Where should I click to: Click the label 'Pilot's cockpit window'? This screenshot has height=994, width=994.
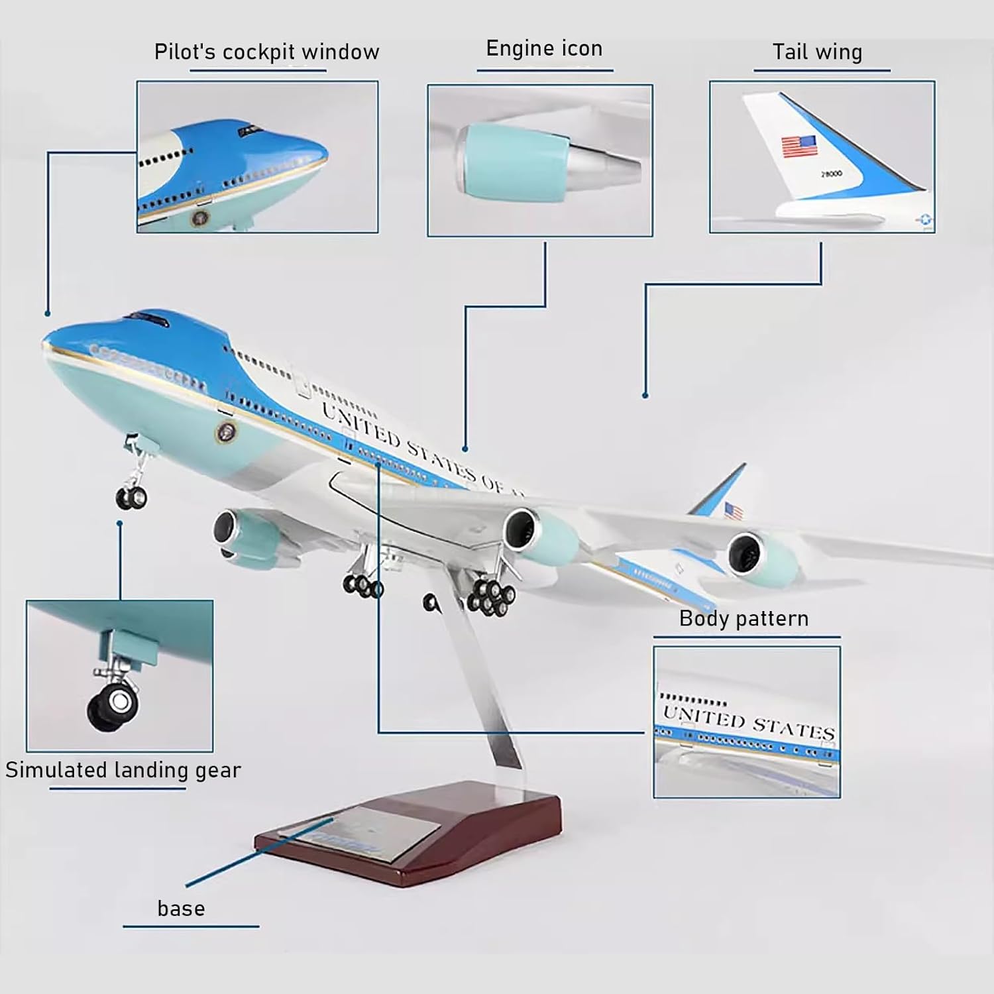tap(266, 52)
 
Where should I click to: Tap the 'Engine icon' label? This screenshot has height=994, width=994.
tap(544, 48)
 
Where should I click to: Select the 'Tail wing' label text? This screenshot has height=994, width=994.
tap(817, 52)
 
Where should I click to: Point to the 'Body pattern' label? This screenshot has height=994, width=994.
tap(744, 618)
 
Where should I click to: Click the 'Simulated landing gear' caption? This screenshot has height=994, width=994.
tap(123, 770)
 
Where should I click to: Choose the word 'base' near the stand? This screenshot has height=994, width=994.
tap(181, 908)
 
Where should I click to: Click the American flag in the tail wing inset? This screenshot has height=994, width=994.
tap(799, 146)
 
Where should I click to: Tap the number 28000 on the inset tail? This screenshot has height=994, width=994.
tap(832, 174)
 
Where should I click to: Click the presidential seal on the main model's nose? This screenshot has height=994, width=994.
tap(226, 433)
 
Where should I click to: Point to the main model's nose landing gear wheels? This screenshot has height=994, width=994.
tap(132, 497)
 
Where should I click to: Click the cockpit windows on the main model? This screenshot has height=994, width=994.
tap(148, 319)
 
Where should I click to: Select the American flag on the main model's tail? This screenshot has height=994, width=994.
tap(733, 511)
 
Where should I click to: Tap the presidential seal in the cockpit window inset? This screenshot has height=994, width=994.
tap(199, 217)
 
